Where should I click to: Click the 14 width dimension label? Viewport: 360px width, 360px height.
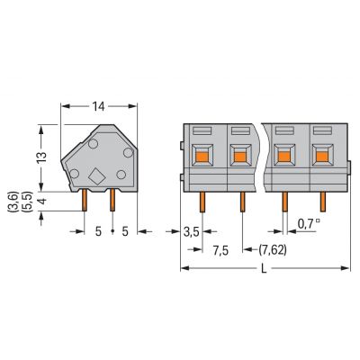click(x=98, y=106)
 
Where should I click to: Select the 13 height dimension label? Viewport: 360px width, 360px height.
click(x=42, y=157)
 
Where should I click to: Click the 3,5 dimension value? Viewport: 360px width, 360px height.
click(x=192, y=232)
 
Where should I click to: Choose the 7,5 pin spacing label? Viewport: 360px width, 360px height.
click(x=220, y=250)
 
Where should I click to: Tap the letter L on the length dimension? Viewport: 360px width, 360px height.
click(x=264, y=269)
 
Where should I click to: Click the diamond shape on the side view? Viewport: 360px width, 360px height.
click(x=97, y=175)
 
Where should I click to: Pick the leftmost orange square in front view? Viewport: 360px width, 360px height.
click(x=202, y=157)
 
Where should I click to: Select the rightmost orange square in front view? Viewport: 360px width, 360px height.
click(x=322, y=157)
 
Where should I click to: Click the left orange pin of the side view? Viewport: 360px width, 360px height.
click(x=85, y=200)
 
